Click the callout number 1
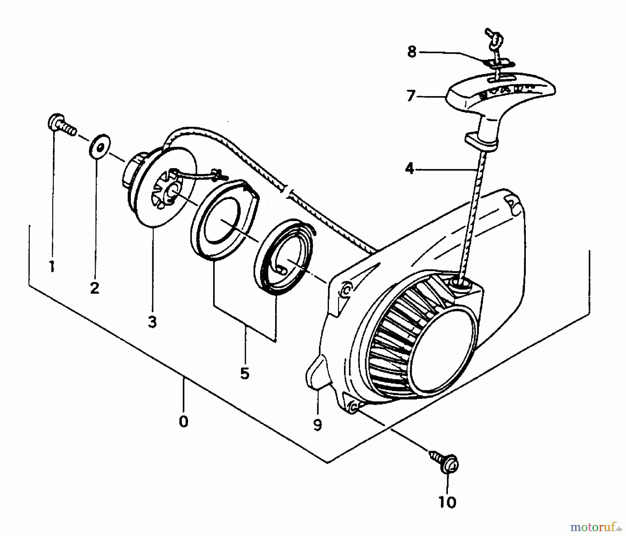pyautogui.click(x=52, y=267)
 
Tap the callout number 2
pyautogui.click(x=94, y=288)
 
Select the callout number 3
pyautogui.click(x=152, y=322)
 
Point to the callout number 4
pyautogui.click(x=410, y=169)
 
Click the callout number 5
pyautogui.click(x=244, y=373)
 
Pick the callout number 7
pyautogui.click(x=411, y=96)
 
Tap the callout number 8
pyautogui.click(x=412, y=52)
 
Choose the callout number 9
pyautogui.click(x=317, y=425)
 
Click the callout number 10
pyautogui.click(x=447, y=502)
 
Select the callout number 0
pyautogui.click(x=183, y=422)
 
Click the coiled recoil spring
pyautogui.click(x=283, y=258)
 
